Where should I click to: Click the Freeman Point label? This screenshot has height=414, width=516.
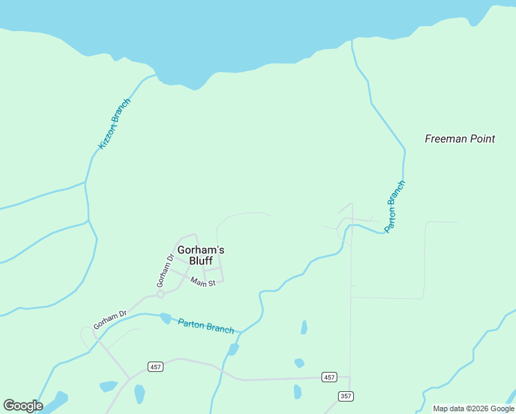[x=459, y=139]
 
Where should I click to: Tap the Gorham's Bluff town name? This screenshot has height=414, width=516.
[x=201, y=255]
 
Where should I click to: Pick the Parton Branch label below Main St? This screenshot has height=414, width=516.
[x=206, y=325]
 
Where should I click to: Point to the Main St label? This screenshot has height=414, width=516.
[x=204, y=282]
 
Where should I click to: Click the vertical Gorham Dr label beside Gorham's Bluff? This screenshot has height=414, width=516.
[x=163, y=271]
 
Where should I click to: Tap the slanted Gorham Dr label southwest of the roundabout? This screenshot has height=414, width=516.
[x=110, y=319]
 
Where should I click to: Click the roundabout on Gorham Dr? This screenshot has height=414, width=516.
[x=160, y=294]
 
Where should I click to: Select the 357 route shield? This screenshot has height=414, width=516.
[x=346, y=395]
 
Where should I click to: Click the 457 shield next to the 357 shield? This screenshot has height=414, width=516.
[x=329, y=377]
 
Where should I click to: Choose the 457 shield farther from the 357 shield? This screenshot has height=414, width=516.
[x=155, y=367]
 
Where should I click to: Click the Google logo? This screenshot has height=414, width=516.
[x=23, y=406]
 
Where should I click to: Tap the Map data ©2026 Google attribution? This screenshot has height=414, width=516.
[x=473, y=408]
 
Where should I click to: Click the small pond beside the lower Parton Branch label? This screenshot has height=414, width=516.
[x=165, y=318]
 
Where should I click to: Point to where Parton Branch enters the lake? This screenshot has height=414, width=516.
[x=352, y=41]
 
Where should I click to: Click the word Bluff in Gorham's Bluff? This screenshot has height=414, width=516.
[x=201, y=261]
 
